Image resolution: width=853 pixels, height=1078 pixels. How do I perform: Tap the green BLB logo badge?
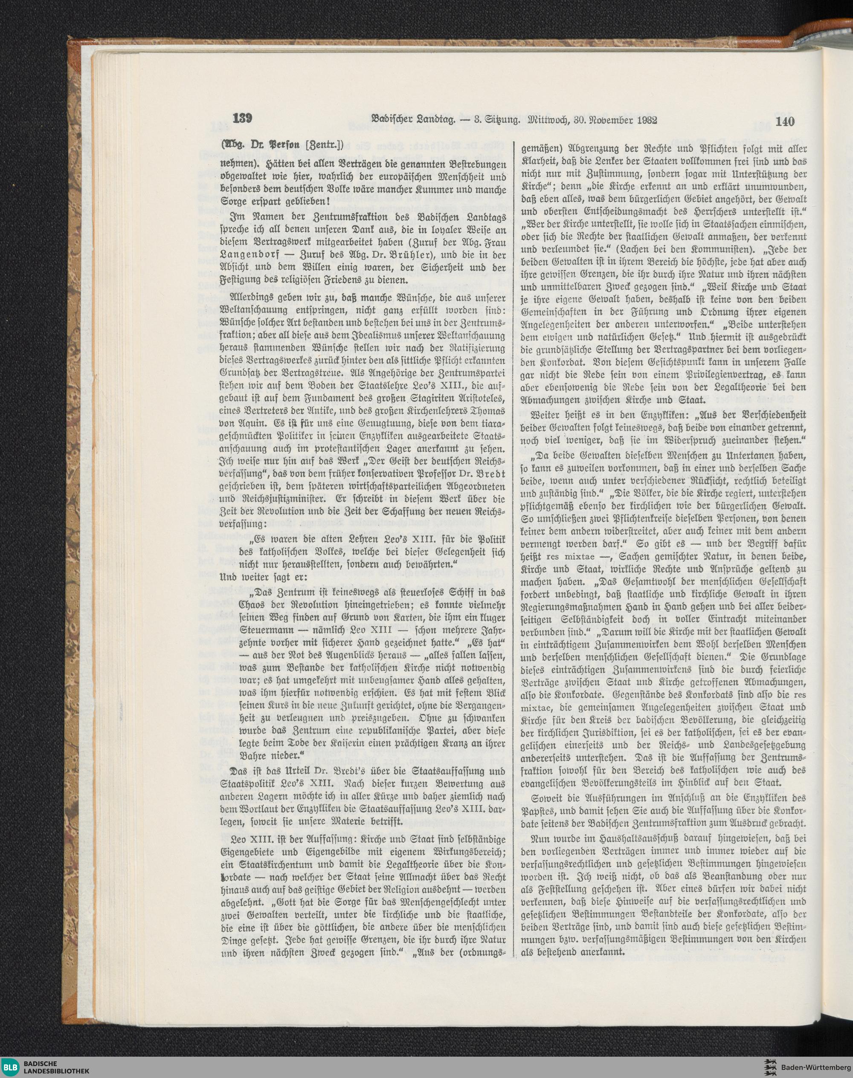pos(11,1066)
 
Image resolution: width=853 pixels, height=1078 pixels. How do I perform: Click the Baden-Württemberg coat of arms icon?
pos(769,1066)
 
